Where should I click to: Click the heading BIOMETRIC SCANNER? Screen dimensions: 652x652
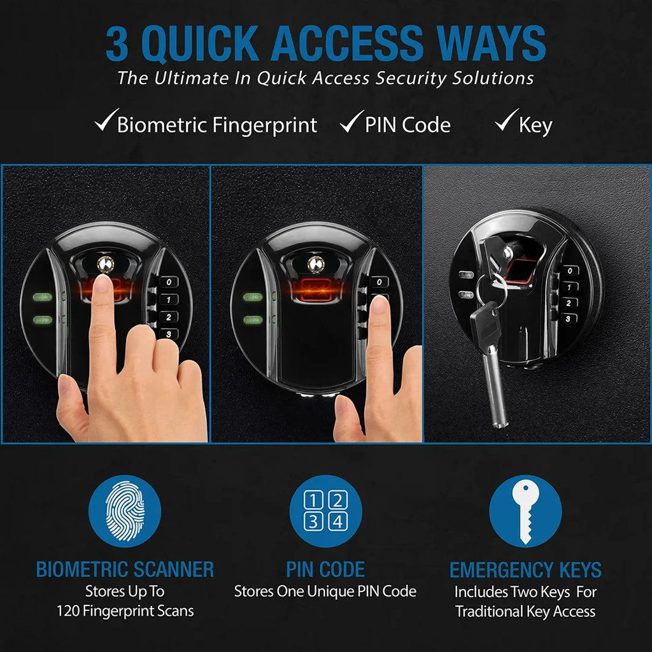[125, 569]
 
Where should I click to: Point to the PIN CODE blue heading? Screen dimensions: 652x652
[325, 569]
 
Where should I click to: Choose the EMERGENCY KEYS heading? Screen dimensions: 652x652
[525, 569]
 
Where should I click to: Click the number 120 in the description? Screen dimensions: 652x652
[69, 611]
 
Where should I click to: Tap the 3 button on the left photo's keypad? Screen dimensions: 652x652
[168, 334]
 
